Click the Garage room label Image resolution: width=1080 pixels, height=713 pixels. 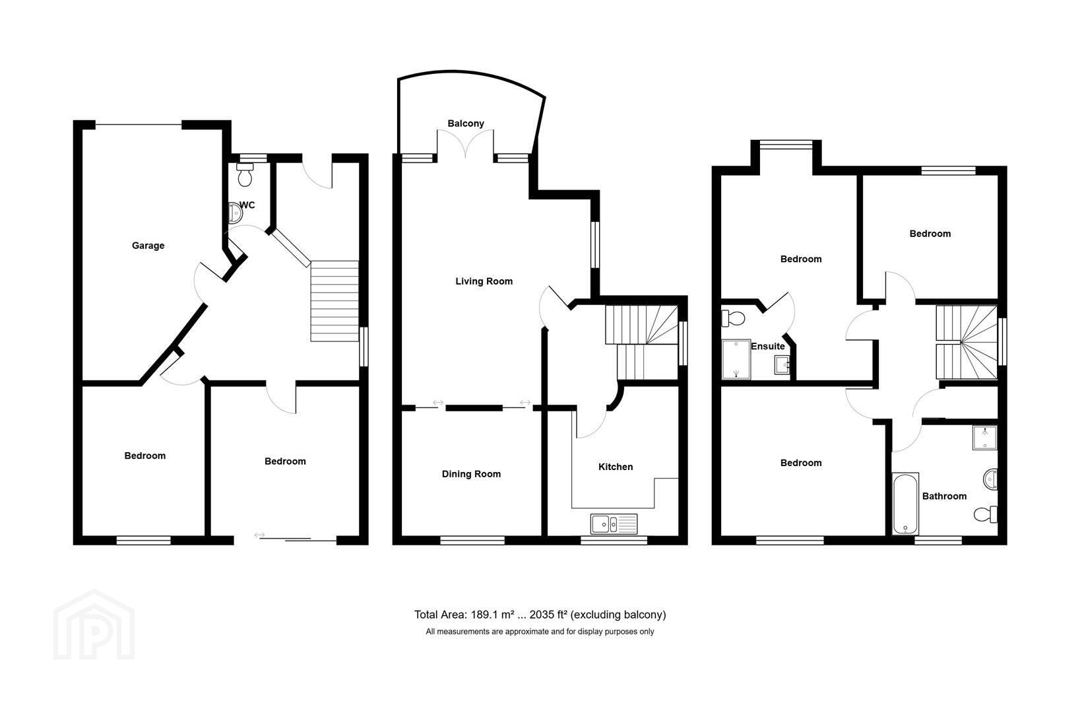148,246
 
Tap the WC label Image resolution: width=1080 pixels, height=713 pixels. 247,205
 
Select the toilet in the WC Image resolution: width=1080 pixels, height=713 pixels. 245,175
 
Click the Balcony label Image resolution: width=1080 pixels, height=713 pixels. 466,123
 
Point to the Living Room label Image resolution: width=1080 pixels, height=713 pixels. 484,281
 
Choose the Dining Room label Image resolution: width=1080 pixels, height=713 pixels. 471,474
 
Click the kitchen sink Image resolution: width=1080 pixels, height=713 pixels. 614,524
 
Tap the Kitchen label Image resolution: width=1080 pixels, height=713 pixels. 616,467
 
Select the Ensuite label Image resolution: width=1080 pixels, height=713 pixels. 767,347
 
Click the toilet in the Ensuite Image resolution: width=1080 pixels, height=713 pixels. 733,318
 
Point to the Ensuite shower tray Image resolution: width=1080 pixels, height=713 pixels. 736,359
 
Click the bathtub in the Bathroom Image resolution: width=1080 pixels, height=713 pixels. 905,504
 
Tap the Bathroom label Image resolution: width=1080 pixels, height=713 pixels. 944,496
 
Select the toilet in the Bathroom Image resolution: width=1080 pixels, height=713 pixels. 986,514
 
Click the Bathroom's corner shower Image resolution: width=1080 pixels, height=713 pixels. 984,438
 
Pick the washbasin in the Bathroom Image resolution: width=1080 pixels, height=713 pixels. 990,479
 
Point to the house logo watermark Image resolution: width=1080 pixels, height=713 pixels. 94,625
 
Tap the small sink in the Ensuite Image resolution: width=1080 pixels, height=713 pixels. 782,365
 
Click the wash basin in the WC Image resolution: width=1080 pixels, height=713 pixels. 235,213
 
